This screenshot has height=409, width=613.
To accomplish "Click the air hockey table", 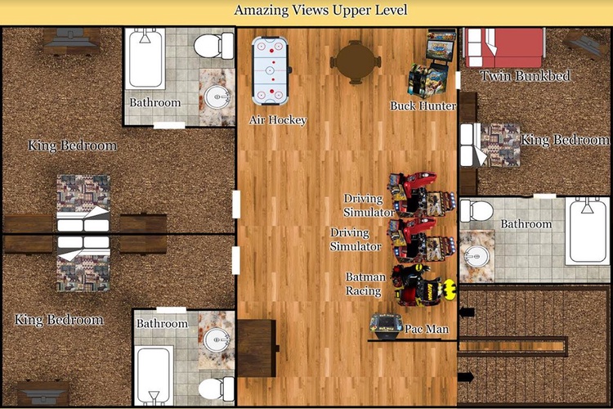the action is point(271,71).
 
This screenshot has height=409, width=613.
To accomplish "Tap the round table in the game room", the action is point(356,62).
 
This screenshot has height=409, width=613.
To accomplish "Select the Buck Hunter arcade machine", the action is point(432,63).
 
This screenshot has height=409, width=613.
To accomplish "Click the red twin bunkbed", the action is point(503,47).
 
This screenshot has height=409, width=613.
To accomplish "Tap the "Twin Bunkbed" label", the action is point(525,76).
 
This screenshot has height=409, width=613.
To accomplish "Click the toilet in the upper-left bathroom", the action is point(213,46).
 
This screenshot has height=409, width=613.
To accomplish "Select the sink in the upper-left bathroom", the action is point(217,97).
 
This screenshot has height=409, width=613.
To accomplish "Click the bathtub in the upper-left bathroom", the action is point(145,58).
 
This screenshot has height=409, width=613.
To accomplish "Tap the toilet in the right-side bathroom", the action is point(477,211).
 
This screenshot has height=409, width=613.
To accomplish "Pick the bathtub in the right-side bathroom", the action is point(587,231).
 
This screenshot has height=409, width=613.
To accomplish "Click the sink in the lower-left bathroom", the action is point(217,339).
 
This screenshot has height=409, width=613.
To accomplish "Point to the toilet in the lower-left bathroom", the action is point(217,389).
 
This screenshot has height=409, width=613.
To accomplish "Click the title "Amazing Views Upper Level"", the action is point(320,10).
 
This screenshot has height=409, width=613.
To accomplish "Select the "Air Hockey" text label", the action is point(278,119).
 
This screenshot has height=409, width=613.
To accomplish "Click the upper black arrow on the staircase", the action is point(467,312).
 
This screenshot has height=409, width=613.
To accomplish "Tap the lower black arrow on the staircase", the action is point(466,377).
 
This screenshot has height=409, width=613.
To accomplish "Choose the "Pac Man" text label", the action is point(427,329).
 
